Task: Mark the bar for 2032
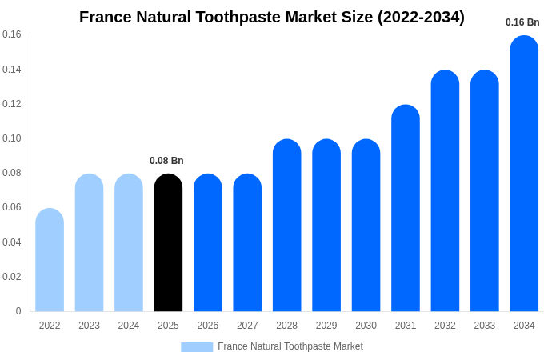coord(445,191)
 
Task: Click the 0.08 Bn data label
coord(166,161)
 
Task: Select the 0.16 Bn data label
coord(522,22)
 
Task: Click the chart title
coord(272,17)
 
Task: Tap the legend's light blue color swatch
coord(197,347)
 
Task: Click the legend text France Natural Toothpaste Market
coord(290,346)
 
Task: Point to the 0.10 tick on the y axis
coord(12,138)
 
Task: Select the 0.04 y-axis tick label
coord(12,242)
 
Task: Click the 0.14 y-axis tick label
coord(12,70)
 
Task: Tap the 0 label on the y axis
coord(18,311)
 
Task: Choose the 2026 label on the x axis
coord(208,326)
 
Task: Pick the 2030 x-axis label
coord(366,326)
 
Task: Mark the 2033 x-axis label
coord(485,326)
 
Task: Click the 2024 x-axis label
coord(129,326)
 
